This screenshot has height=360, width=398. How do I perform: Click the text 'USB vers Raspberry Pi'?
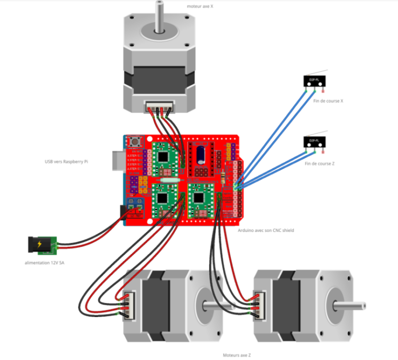66,162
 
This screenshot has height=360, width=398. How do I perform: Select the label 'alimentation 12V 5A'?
45,263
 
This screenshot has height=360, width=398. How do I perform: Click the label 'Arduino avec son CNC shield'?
266,230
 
